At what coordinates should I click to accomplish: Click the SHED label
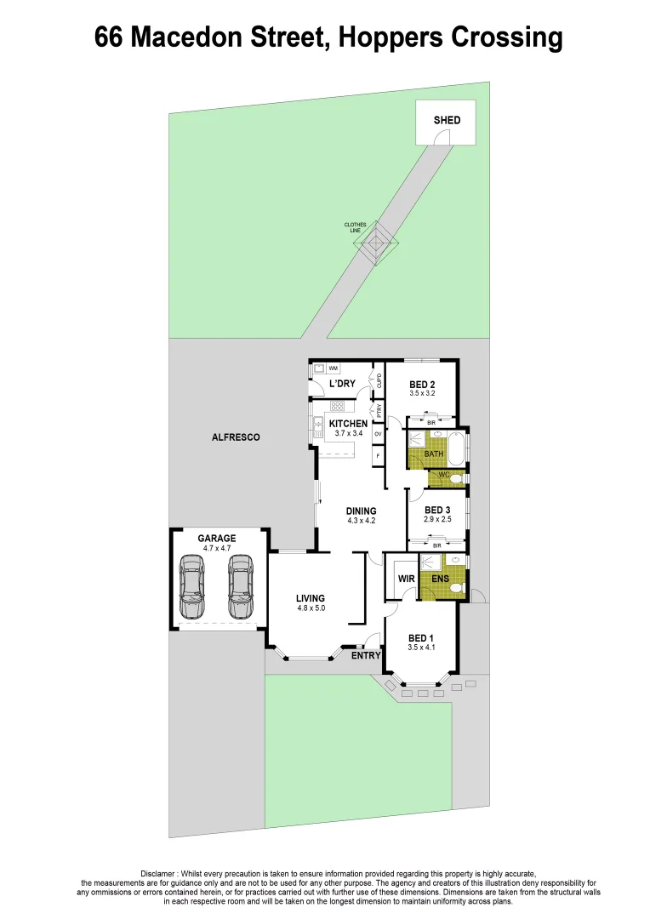pos(447,120)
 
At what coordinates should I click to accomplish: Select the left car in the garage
pos(193,587)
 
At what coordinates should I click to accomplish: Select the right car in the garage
pos(241,587)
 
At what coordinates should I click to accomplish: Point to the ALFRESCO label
pos(236,437)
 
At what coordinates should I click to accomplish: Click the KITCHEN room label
pos(349,424)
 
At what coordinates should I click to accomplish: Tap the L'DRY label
pos(342,384)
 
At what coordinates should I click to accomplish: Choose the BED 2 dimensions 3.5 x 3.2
pos(422,395)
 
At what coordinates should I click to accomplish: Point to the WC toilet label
pos(443,475)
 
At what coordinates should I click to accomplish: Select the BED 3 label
pos(436,510)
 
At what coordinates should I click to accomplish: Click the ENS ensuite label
pos(440,579)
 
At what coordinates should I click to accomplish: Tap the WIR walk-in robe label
pos(406,579)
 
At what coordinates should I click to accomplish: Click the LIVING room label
pos(311,597)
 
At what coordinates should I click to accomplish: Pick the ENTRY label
pos(366,655)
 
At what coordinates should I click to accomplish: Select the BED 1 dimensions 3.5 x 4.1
pos(421,648)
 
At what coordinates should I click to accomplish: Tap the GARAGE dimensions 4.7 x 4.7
pos(217,549)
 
